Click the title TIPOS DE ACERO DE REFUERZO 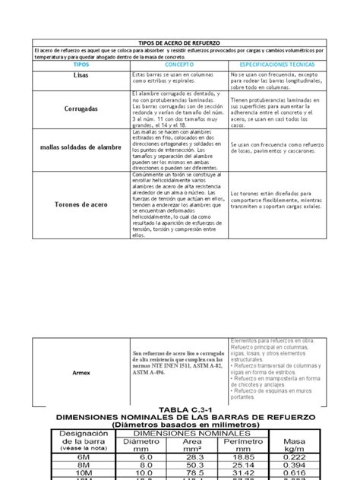tap(180, 44)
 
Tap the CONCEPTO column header tap(179, 66)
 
